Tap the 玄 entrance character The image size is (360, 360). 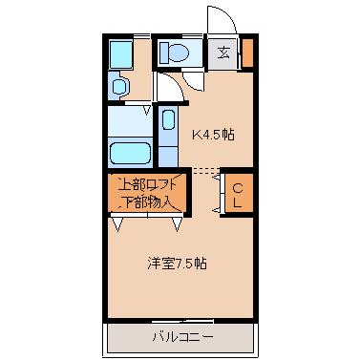tap(222, 53)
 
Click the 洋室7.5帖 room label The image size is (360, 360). tap(177, 263)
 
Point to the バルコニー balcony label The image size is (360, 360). tap(181, 336)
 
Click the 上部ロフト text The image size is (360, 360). tap(146, 185)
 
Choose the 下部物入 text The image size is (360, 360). tap(146, 201)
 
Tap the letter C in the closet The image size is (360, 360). tap(238, 186)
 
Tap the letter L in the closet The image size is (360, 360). tap(238, 201)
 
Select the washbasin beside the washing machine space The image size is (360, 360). tap(118, 86)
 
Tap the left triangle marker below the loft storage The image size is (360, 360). tap(116, 225)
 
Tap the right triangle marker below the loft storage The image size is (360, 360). tap(178, 225)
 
